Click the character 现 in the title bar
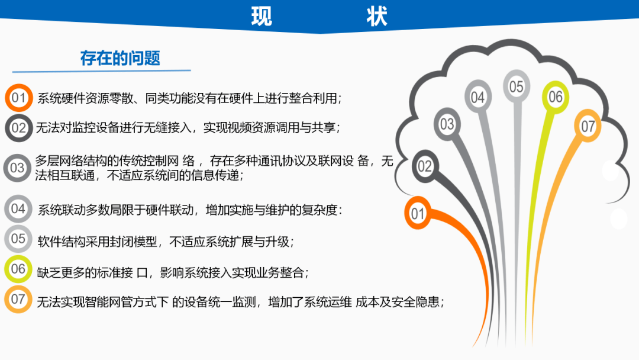pos(262,17)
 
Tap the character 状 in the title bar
pos(376,17)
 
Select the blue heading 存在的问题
pos(120,58)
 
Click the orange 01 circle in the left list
pos(19,98)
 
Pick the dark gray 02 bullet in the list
pos(19,128)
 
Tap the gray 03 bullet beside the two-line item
pos(18,168)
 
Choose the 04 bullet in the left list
pos(18,209)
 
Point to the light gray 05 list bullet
pos(18,239)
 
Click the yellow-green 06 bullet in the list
pos(18,269)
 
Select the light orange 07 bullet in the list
pos(18,299)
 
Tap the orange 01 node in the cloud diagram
pos(417,213)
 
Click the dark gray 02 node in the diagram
pos(425,166)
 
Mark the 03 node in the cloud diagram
pos(447,124)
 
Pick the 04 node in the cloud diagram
pos(478,97)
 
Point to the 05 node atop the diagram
pos(517,86)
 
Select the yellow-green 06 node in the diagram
pos(556,97)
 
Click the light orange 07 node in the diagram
pos(588,126)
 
